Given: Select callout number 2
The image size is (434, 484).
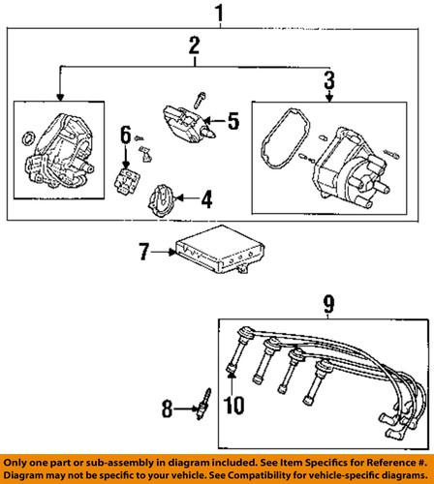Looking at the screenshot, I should [x=194, y=45].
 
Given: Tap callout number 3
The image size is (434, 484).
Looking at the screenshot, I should [x=328, y=79].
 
